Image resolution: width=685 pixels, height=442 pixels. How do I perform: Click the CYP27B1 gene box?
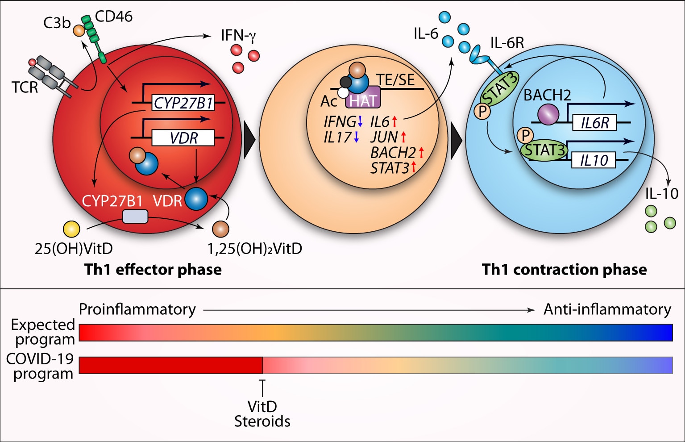click(183, 103)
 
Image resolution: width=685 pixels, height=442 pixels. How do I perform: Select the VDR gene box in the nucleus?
click(183, 138)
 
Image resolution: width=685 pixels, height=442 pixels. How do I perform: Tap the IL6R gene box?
click(594, 123)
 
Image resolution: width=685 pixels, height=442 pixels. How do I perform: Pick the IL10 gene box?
click(594, 160)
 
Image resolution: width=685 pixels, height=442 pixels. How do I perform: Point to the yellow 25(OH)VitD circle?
click(71, 229)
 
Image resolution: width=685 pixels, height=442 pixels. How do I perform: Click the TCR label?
click(25, 87)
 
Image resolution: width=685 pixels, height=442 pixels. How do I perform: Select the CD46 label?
click(114, 17)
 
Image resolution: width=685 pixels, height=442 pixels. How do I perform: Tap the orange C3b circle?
click(79, 30)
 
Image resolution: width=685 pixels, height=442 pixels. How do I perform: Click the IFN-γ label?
click(238, 36)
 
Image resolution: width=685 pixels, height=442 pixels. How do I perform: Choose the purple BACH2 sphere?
click(548, 114)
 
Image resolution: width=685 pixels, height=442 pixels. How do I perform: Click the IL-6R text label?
click(507, 43)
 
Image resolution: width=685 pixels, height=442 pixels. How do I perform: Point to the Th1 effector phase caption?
click(153, 270)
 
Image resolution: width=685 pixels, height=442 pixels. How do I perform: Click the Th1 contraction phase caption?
click(564, 270)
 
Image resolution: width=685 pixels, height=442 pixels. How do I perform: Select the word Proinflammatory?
click(137, 309)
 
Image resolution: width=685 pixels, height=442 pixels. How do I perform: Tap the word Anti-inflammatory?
click(607, 309)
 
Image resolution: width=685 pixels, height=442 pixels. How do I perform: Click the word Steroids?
click(262, 421)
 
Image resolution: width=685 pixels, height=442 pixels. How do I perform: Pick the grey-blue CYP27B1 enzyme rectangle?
click(135, 216)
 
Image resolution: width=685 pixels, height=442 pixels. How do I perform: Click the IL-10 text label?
click(662, 194)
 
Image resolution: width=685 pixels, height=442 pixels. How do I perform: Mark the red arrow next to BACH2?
click(421, 153)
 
